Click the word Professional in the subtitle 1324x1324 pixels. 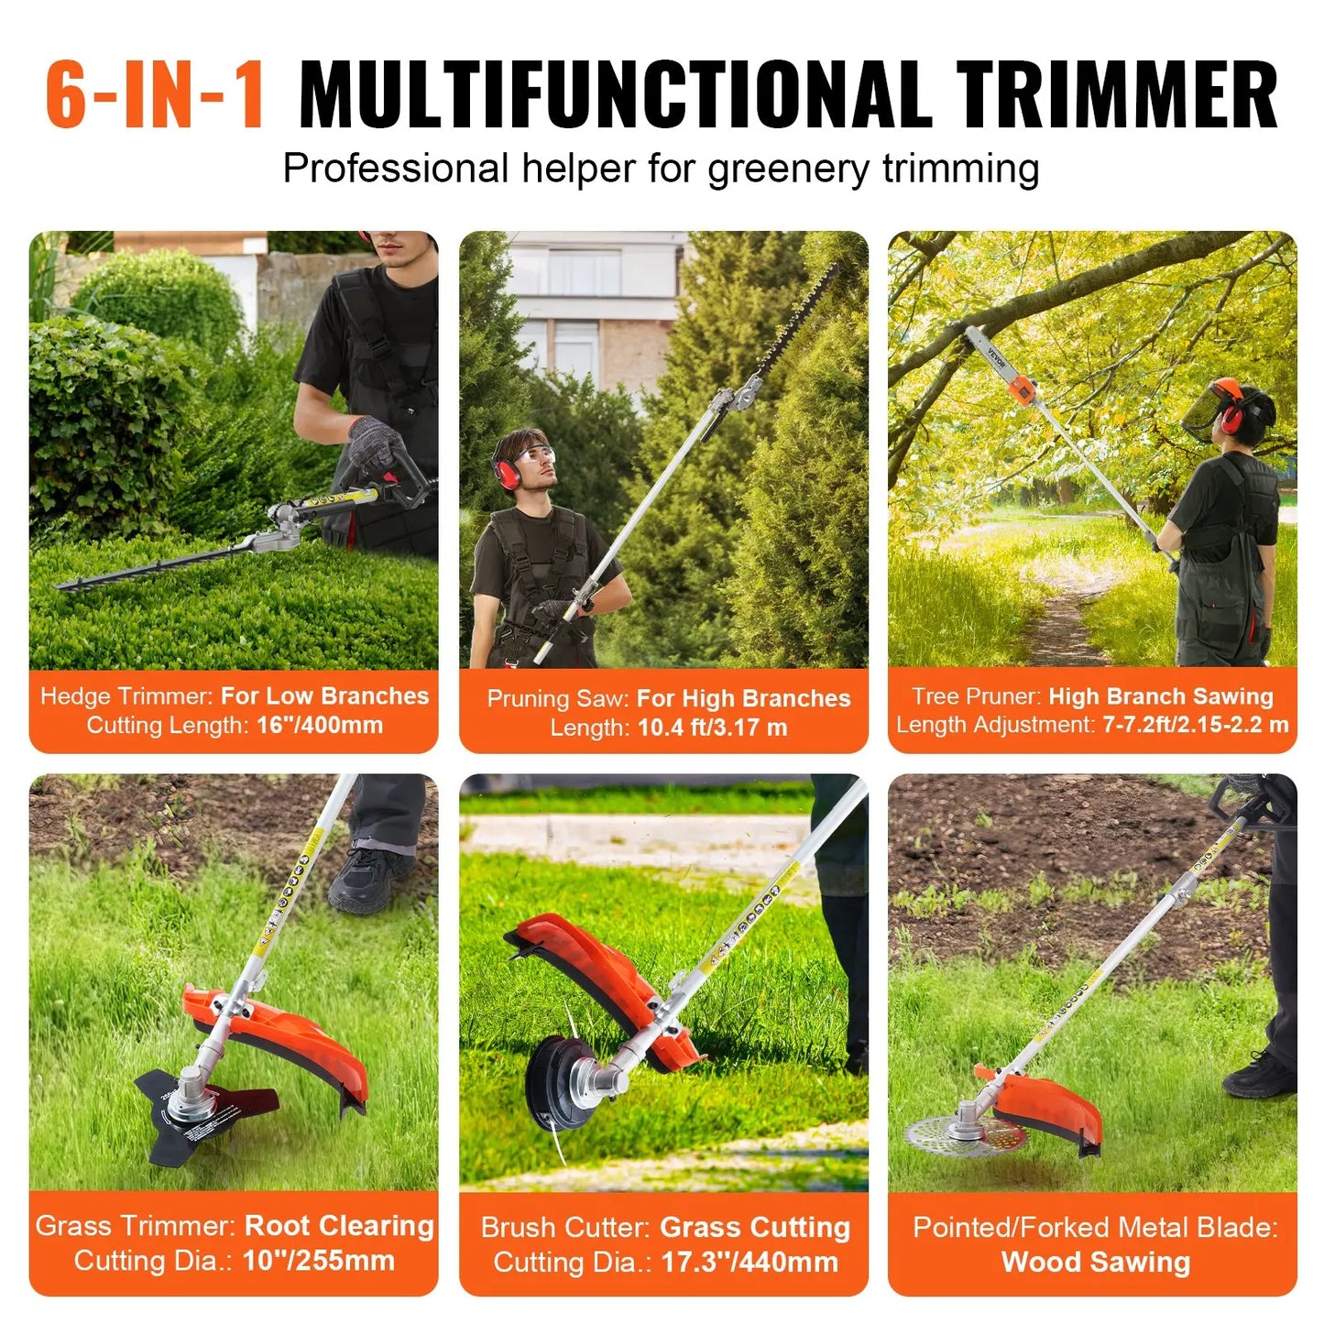396,169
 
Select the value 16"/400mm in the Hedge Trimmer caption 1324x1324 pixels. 320,725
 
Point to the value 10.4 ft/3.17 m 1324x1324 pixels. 712,728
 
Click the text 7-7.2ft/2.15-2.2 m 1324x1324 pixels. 1195,725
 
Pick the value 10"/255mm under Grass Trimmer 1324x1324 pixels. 318,1261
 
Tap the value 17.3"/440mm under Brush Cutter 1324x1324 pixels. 749,1263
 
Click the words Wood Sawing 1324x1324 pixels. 1095,1262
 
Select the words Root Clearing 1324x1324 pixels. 339,1226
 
